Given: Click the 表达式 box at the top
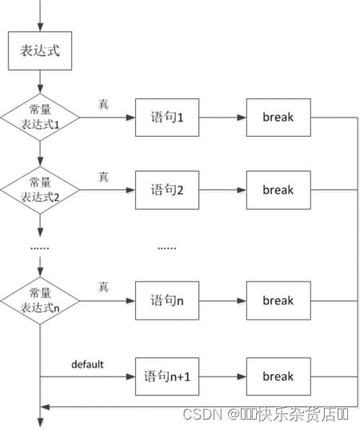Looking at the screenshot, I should coord(39,50).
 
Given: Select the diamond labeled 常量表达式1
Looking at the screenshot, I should coord(39,117).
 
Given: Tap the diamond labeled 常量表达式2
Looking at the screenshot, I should coord(39,190).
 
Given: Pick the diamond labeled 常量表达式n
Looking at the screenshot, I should coord(39,301).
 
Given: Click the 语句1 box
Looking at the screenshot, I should coord(167,117).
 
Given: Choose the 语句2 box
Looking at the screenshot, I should coord(167,190).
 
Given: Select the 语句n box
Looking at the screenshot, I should coord(167,301).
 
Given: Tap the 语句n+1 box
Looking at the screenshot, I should coord(167,376).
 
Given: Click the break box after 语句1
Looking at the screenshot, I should coord(278,117).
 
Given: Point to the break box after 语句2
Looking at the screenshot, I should coord(278,190).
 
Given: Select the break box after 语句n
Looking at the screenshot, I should coord(278,301).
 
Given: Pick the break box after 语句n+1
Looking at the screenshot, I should coord(278,376).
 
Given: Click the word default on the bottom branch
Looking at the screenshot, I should coord(88,364).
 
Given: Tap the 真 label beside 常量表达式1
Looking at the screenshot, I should coord(103,104).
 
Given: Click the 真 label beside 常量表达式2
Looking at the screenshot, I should coord(103,177).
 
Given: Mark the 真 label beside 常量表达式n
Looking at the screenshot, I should coord(103,287).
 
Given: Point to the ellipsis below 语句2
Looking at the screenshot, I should coord(167,247).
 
